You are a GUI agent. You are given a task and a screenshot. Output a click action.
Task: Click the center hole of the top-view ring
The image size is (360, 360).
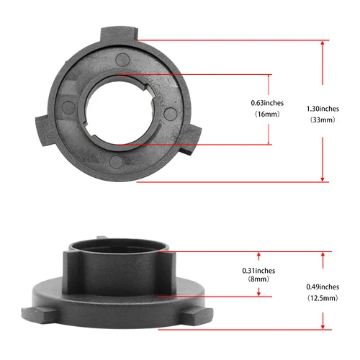click(x=120, y=108)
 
